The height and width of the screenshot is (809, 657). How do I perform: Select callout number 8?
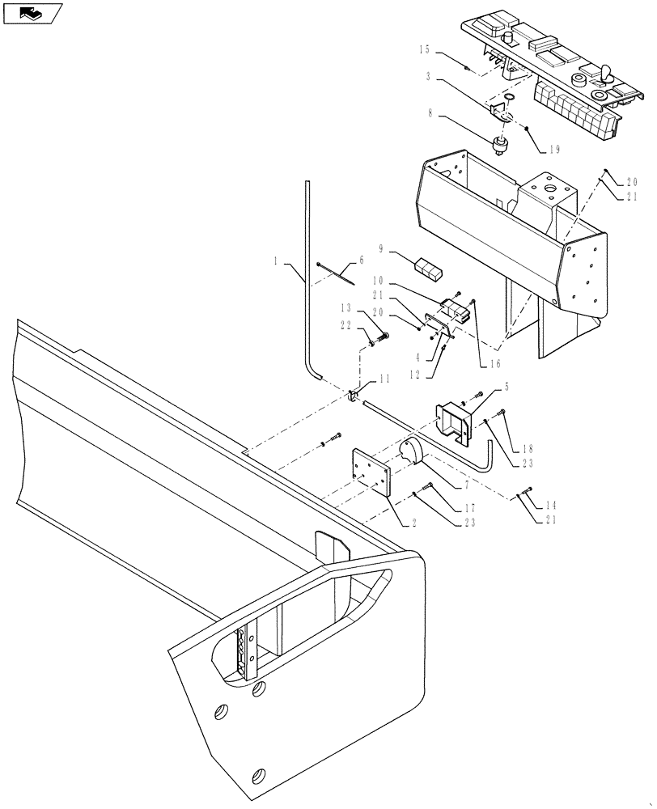tap(429, 116)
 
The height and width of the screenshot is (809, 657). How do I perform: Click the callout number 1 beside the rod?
tap(277, 263)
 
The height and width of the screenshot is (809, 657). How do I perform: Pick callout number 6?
tap(362, 260)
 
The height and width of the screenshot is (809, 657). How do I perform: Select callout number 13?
tap(345, 309)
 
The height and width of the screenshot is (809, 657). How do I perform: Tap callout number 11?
tap(384, 377)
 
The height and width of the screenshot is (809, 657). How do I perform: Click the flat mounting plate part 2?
tap(371, 472)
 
